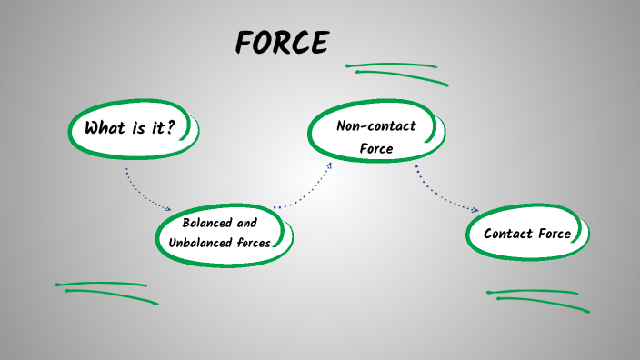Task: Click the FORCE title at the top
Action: (x=281, y=42)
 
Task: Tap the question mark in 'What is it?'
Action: (x=170, y=127)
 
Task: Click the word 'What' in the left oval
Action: (x=105, y=127)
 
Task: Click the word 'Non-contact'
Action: (x=375, y=126)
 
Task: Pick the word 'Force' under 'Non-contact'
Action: (x=375, y=148)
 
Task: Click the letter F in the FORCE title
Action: (x=244, y=42)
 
